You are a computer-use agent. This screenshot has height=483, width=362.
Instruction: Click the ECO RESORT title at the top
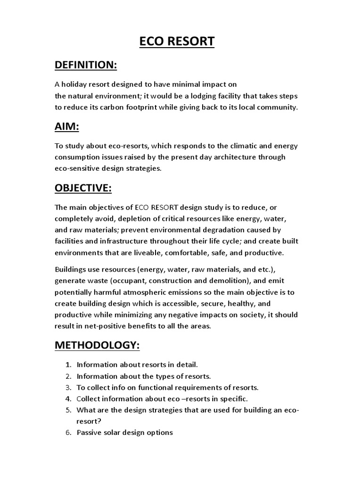pos(177,42)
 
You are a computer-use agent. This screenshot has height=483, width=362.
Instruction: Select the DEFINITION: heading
pos(86,65)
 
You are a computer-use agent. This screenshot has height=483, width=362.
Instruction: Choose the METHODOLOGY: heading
pos(97,345)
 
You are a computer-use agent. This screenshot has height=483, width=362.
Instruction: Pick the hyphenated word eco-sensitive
pos(78,168)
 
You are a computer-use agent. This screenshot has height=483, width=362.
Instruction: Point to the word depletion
pos(133,218)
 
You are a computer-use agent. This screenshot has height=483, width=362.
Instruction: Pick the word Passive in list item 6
pos(89,433)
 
